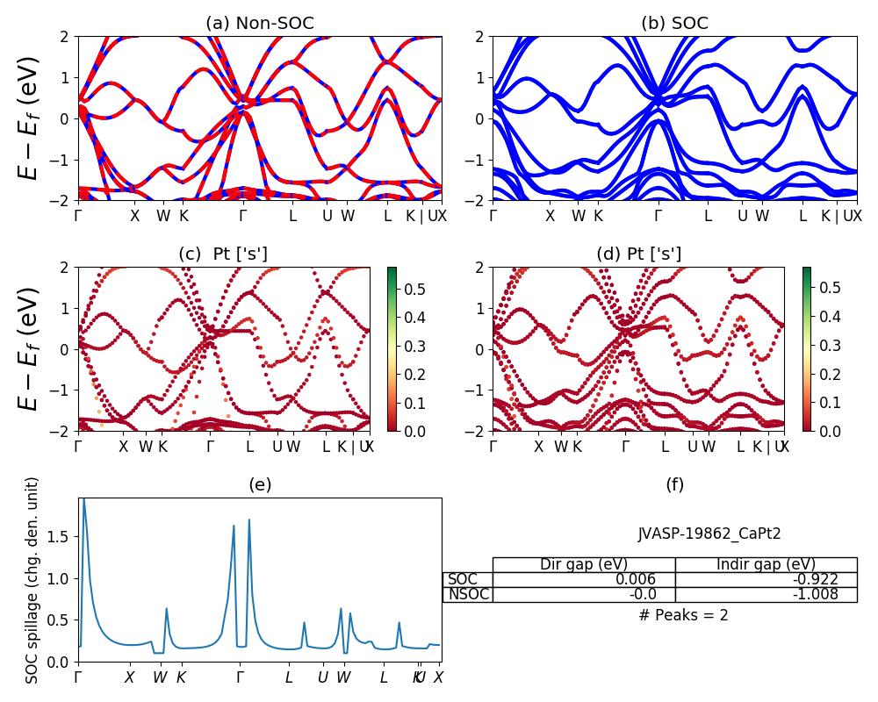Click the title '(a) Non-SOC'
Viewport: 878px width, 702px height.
pyautogui.click(x=260, y=24)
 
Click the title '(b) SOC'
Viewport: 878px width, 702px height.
pyautogui.click(x=674, y=24)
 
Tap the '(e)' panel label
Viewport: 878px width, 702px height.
pyautogui.click(x=260, y=484)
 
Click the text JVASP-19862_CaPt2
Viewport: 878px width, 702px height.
pyautogui.click(x=709, y=533)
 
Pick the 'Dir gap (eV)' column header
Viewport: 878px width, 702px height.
pyautogui.click(x=583, y=564)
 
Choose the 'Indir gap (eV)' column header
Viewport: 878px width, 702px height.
pyautogui.click(x=766, y=564)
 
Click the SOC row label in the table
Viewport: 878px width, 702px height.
pyautogui.click(x=463, y=579)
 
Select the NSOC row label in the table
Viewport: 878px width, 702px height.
pyautogui.click(x=468, y=594)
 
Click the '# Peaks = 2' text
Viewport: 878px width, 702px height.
pyautogui.click(x=683, y=615)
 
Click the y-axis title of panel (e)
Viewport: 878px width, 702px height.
pyautogui.click(x=32, y=580)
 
